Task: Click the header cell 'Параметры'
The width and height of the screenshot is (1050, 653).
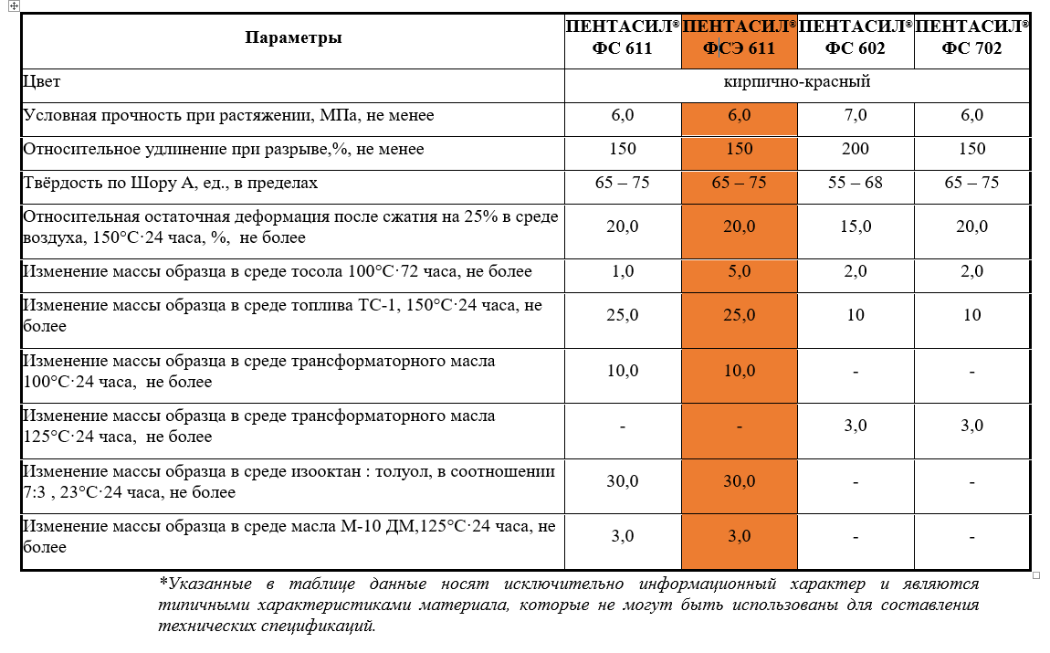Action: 293,38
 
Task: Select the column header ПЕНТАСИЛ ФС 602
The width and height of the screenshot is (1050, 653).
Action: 856,38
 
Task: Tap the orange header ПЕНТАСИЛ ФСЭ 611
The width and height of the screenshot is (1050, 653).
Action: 739,38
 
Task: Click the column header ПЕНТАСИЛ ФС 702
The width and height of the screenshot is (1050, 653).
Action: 971,38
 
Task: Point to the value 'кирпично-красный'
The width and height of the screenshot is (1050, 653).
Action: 796,82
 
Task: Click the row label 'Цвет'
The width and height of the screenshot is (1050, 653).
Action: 42,82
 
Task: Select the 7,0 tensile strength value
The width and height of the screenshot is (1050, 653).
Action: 856,115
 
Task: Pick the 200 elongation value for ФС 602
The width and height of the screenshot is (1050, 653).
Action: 856,149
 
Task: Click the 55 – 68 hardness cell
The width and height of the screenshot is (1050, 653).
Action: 856,183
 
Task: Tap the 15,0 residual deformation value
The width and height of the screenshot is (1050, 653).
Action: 856,226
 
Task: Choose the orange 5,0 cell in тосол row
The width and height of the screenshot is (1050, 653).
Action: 739,271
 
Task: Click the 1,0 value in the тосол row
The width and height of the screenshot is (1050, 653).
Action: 622,271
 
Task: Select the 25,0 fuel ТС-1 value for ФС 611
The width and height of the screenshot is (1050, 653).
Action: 622,315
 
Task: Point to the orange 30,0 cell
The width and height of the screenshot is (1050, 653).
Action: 739,481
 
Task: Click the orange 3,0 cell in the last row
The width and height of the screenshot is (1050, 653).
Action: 739,536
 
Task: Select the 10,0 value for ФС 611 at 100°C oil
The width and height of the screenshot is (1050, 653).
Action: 622,371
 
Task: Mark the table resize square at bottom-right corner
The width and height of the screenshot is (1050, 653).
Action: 1036,575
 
